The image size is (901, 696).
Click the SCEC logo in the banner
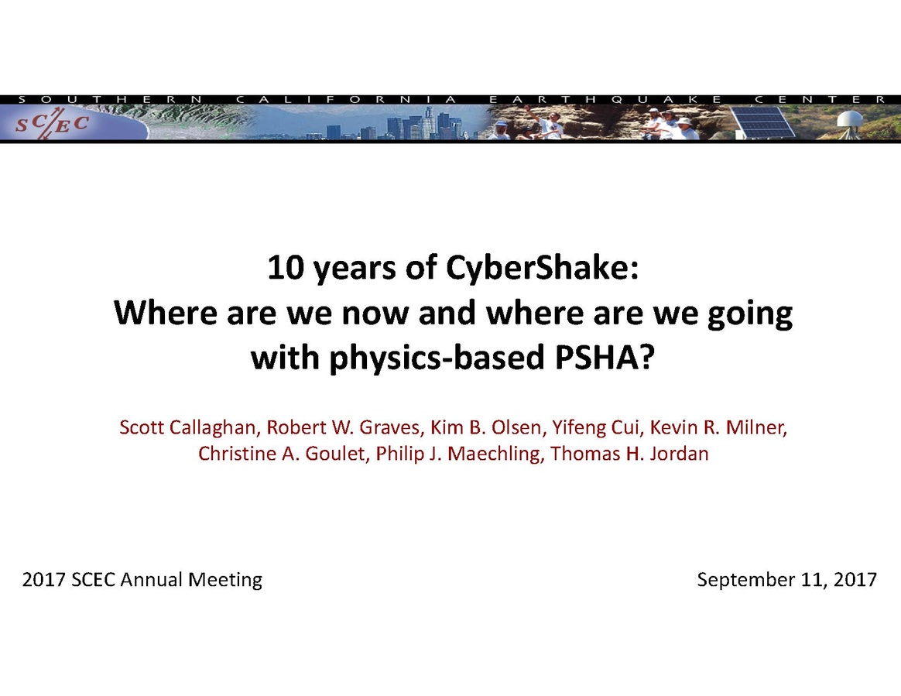[x=52, y=124]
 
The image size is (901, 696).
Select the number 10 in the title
[x=286, y=268]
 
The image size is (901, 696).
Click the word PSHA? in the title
[x=604, y=357]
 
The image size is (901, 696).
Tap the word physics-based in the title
[x=436, y=358]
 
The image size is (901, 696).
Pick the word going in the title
[x=751, y=314]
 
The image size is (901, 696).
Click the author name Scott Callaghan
[x=187, y=427]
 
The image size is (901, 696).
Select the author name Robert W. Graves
[x=343, y=427]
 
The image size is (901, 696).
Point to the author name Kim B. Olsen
[x=485, y=427]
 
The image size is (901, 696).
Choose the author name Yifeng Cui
[x=594, y=428]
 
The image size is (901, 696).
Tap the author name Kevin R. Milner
[x=718, y=427]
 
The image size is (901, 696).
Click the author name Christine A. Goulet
[x=281, y=454]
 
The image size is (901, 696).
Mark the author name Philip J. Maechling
[x=458, y=454]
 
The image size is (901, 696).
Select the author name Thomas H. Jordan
[x=629, y=454]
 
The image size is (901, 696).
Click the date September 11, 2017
[x=786, y=580]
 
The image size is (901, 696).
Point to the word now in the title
[x=375, y=314]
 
